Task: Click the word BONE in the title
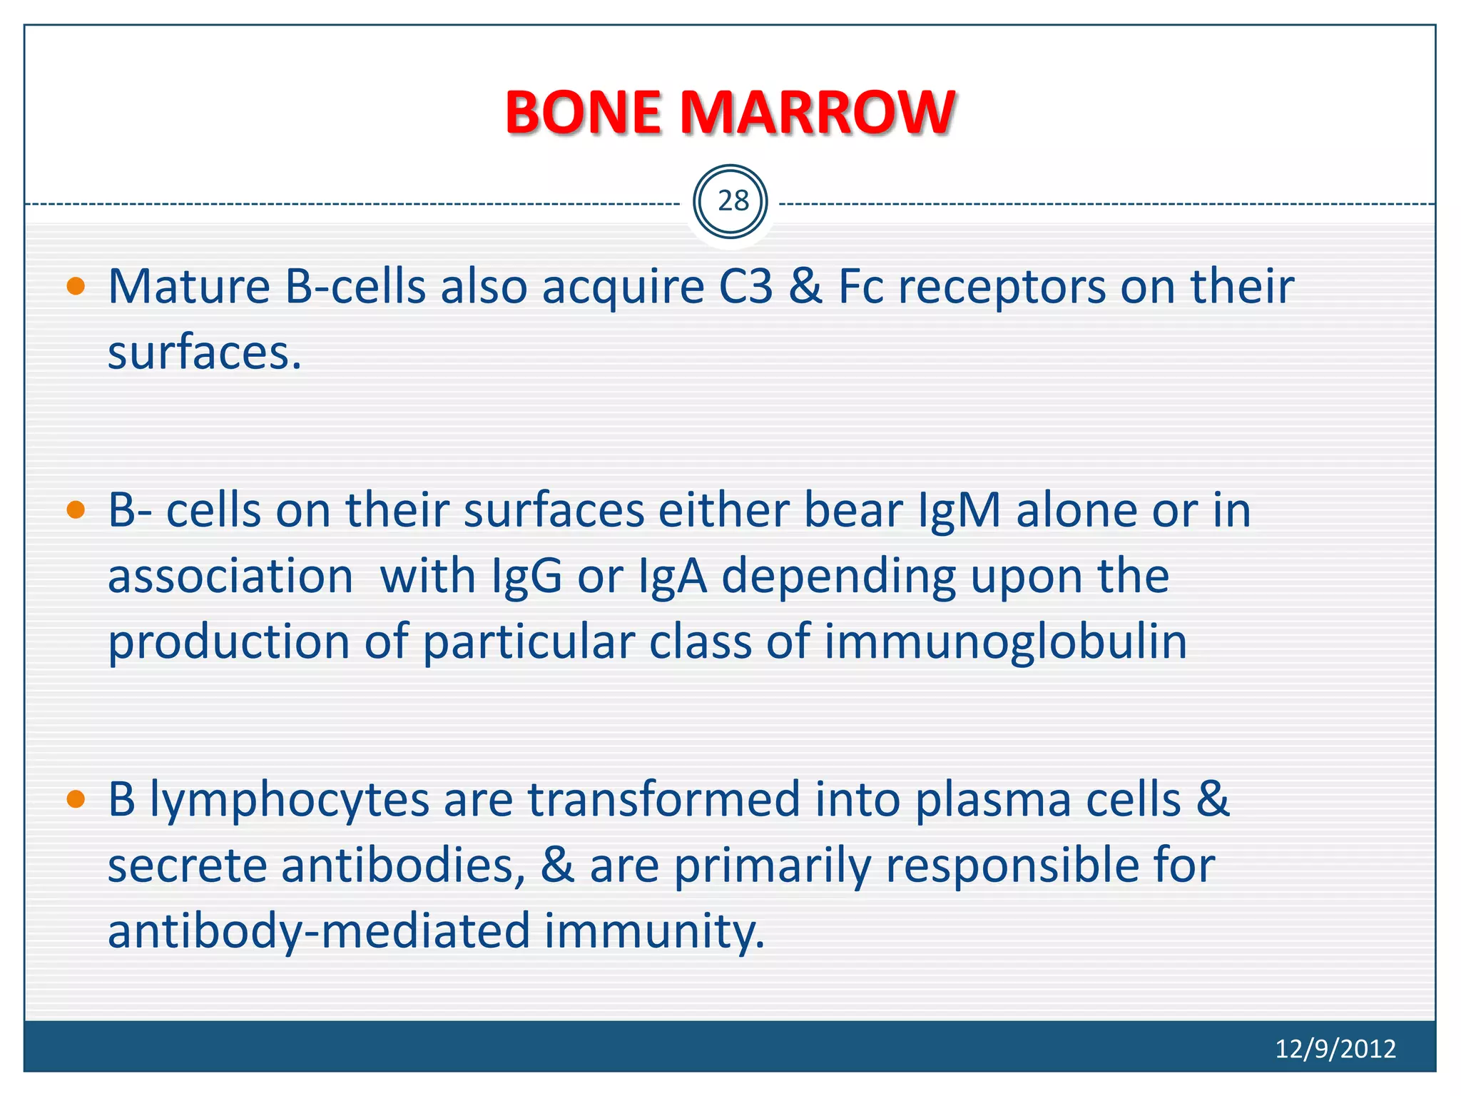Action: click(x=583, y=113)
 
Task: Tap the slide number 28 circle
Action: click(x=730, y=202)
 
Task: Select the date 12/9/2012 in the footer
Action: click(x=1335, y=1049)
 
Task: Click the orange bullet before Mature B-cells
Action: click(x=76, y=288)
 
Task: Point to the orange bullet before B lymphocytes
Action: click(x=76, y=799)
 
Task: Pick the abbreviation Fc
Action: click(x=860, y=287)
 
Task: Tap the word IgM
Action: click(x=959, y=511)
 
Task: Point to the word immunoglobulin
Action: click(x=1006, y=642)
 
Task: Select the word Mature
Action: click(x=189, y=287)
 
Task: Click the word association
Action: click(x=230, y=577)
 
